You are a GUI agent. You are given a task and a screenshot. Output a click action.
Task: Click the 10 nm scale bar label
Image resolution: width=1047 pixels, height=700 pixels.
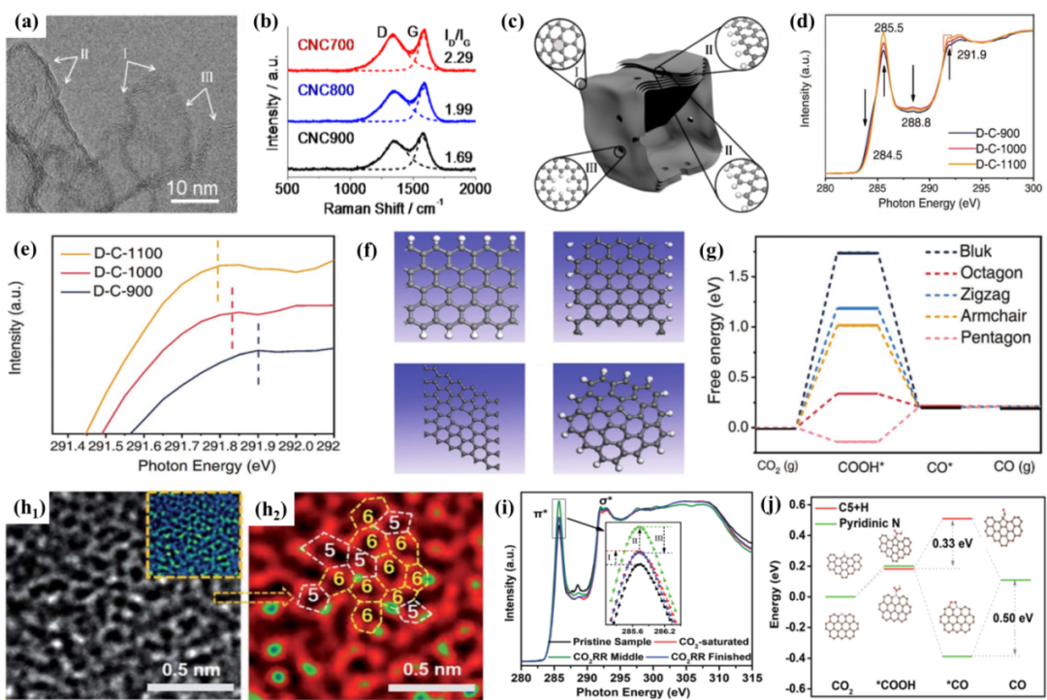[200, 184]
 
